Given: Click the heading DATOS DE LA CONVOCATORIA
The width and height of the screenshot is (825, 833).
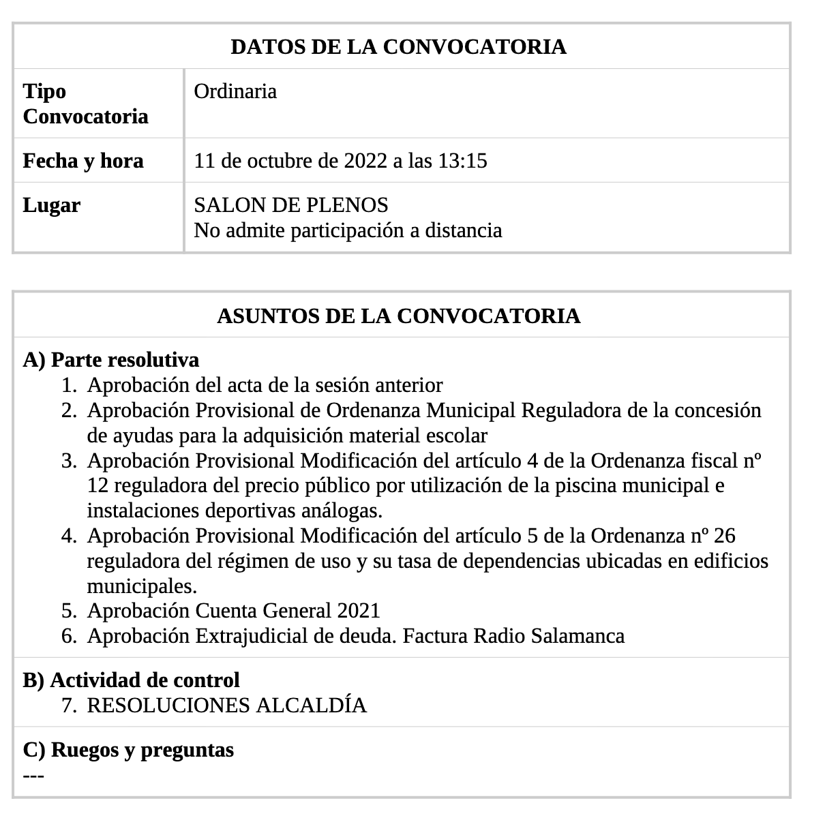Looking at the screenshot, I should coord(398,46).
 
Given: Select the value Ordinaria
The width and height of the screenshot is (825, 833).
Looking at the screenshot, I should coord(235,91).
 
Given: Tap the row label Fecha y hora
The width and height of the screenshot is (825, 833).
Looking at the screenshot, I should coord(83,161).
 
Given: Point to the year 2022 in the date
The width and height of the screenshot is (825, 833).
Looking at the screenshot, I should coord(365,161).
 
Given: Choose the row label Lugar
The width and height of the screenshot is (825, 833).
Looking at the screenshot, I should coord(52,205).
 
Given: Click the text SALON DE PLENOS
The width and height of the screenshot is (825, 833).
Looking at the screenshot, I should coord(291,205).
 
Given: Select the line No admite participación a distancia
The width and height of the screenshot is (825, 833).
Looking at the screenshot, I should coord(348,230).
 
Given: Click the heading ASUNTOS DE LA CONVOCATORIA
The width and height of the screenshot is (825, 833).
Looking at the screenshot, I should coord(398,316).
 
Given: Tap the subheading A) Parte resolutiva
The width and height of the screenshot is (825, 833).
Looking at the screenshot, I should coord(111,359).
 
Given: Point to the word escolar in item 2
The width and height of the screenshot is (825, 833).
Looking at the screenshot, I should coord(456,436).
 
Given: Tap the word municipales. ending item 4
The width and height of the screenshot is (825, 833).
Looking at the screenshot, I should coord(142,586).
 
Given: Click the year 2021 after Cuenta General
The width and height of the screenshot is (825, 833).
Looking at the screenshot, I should coord(358,611).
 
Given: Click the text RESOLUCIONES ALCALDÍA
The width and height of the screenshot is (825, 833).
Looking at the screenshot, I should coord(227,705).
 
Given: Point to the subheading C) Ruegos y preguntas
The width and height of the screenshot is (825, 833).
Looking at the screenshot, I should coord(128,749).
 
